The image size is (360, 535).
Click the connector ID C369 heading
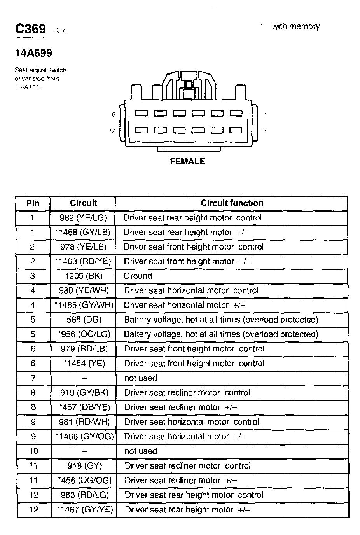[x=31, y=29]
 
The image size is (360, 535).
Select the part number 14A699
[x=33, y=53]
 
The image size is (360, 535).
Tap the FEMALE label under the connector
[x=187, y=161]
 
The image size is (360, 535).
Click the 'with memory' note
[x=296, y=26]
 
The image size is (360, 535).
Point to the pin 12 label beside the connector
[x=112, y=131]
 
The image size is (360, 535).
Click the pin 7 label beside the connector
[x=265, y=131]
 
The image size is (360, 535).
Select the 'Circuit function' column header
[x=232, y=203]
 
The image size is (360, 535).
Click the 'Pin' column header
[x=33, y=203]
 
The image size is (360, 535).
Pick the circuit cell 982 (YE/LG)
[x=83, y=218]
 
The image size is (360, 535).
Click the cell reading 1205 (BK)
[x=84, y=276]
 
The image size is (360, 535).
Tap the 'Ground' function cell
[x=138, y=276]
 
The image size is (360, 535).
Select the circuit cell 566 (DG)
[x=84, y=320]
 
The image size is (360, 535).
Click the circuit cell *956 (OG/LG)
[x=84, y=334]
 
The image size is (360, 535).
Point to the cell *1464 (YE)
[x=84, y=364]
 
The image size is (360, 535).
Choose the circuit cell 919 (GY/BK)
[x=84, y=393]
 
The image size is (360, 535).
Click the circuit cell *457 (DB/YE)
[x=84, y=407]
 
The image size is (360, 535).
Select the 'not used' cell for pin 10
[x=141, y=451]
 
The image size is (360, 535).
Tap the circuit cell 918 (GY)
[x=84, y=465]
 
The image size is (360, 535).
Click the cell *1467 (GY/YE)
[x=84, y=509]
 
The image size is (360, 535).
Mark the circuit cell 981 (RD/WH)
[x=84, y=422]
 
